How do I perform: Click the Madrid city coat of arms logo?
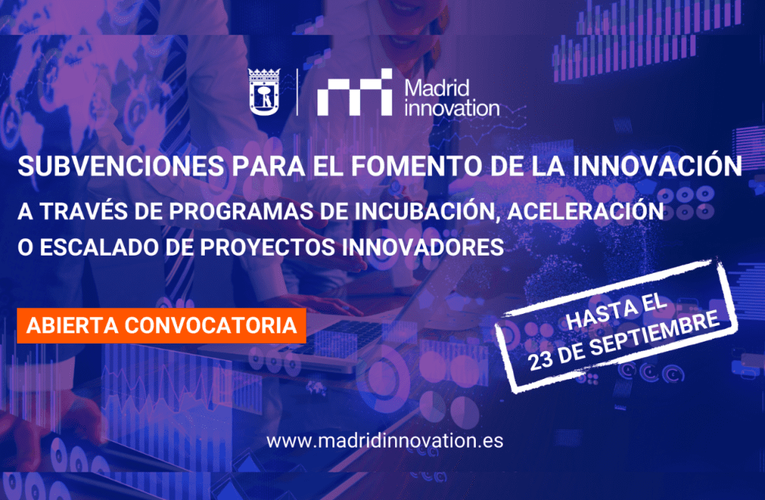[x=264, y=92]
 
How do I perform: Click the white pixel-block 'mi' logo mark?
[x=355, y=92]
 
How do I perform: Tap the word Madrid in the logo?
[x=436, y=88]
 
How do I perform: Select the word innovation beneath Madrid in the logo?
[x=452, y=108]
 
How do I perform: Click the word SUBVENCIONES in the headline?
[x=121, y=166]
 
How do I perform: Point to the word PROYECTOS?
[x=267, y=247]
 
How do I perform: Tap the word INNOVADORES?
[x=423, y=247]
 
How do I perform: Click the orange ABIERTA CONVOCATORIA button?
[x=161, y=326]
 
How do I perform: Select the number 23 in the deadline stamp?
[x=541, y=361]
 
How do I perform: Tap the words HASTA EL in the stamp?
[x=616, y=311]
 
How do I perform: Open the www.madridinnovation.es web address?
[x=385, y=440]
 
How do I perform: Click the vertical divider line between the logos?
[x=297, y=92]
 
